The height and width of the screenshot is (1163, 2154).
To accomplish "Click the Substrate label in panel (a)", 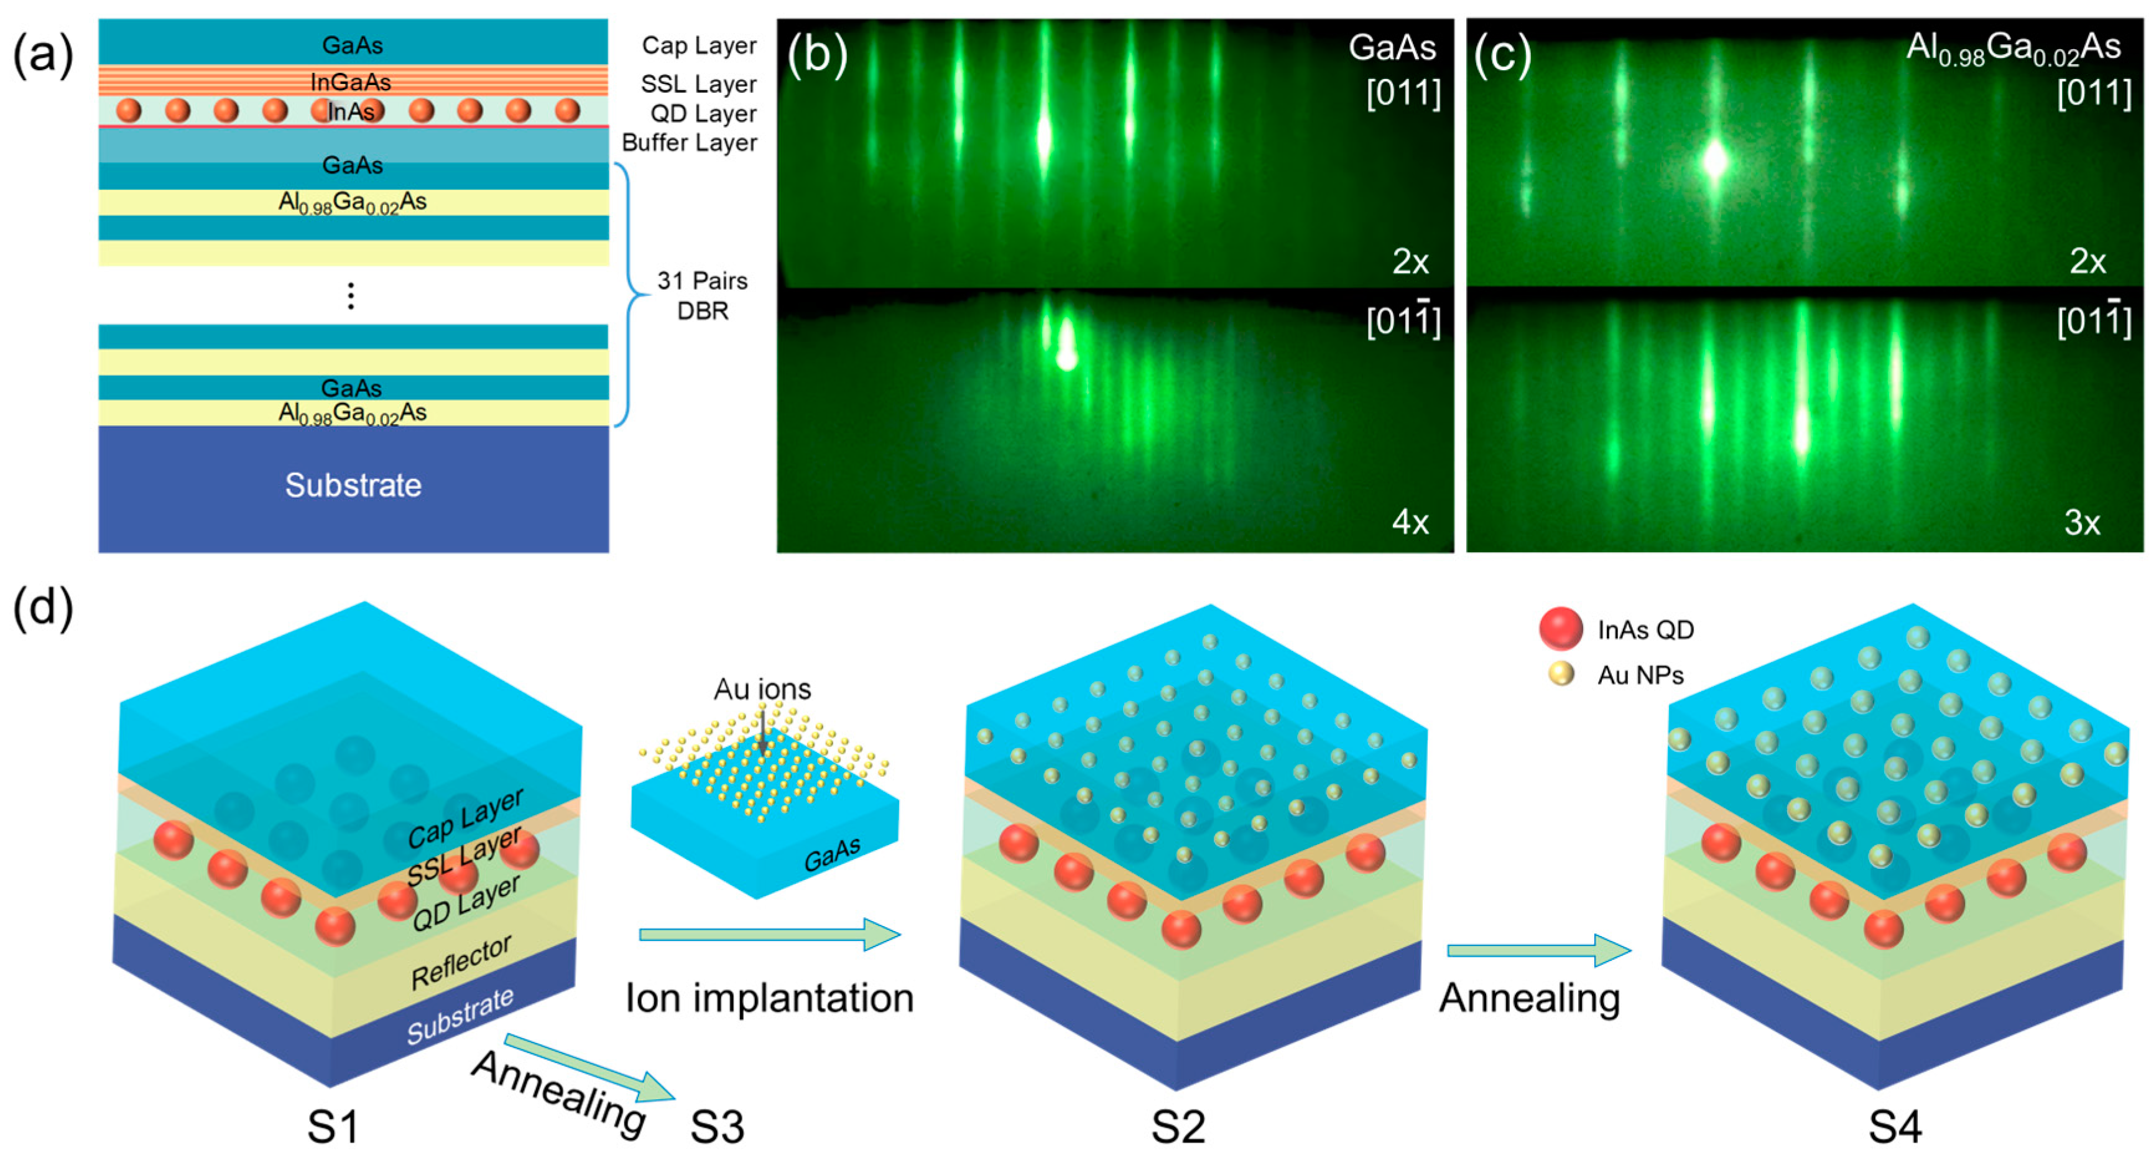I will coord(353,485).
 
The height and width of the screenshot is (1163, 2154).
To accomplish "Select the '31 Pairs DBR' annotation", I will coord(703,295).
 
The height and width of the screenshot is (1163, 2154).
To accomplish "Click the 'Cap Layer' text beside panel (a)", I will coord(699,45).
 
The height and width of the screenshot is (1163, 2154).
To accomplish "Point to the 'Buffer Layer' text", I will coord(689,143).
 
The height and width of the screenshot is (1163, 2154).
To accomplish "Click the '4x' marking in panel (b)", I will coord(1410,522).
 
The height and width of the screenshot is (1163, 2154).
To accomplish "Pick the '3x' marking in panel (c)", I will coord(2082,522).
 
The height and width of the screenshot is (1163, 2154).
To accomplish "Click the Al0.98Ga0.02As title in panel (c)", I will coord(2013,49).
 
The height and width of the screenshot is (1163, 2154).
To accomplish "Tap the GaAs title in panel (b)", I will coord(1392,48).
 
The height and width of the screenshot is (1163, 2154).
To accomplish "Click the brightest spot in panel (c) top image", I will coord(1715,160).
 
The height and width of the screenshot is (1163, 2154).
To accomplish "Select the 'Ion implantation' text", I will coord(769,998).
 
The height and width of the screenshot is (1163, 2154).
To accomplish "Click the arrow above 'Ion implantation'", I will coord(769,934).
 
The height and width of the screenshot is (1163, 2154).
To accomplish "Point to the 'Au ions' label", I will coord(762,689).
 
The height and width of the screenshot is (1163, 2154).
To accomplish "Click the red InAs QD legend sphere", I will coord(1560,629).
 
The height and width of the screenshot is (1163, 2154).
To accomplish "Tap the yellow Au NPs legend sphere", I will coord(1560,674).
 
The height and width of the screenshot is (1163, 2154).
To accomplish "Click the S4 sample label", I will coord(1895,1126).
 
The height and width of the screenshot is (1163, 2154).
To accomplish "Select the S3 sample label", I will coord(716,1126).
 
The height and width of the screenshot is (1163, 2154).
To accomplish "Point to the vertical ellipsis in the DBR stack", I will coord(351,295).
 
